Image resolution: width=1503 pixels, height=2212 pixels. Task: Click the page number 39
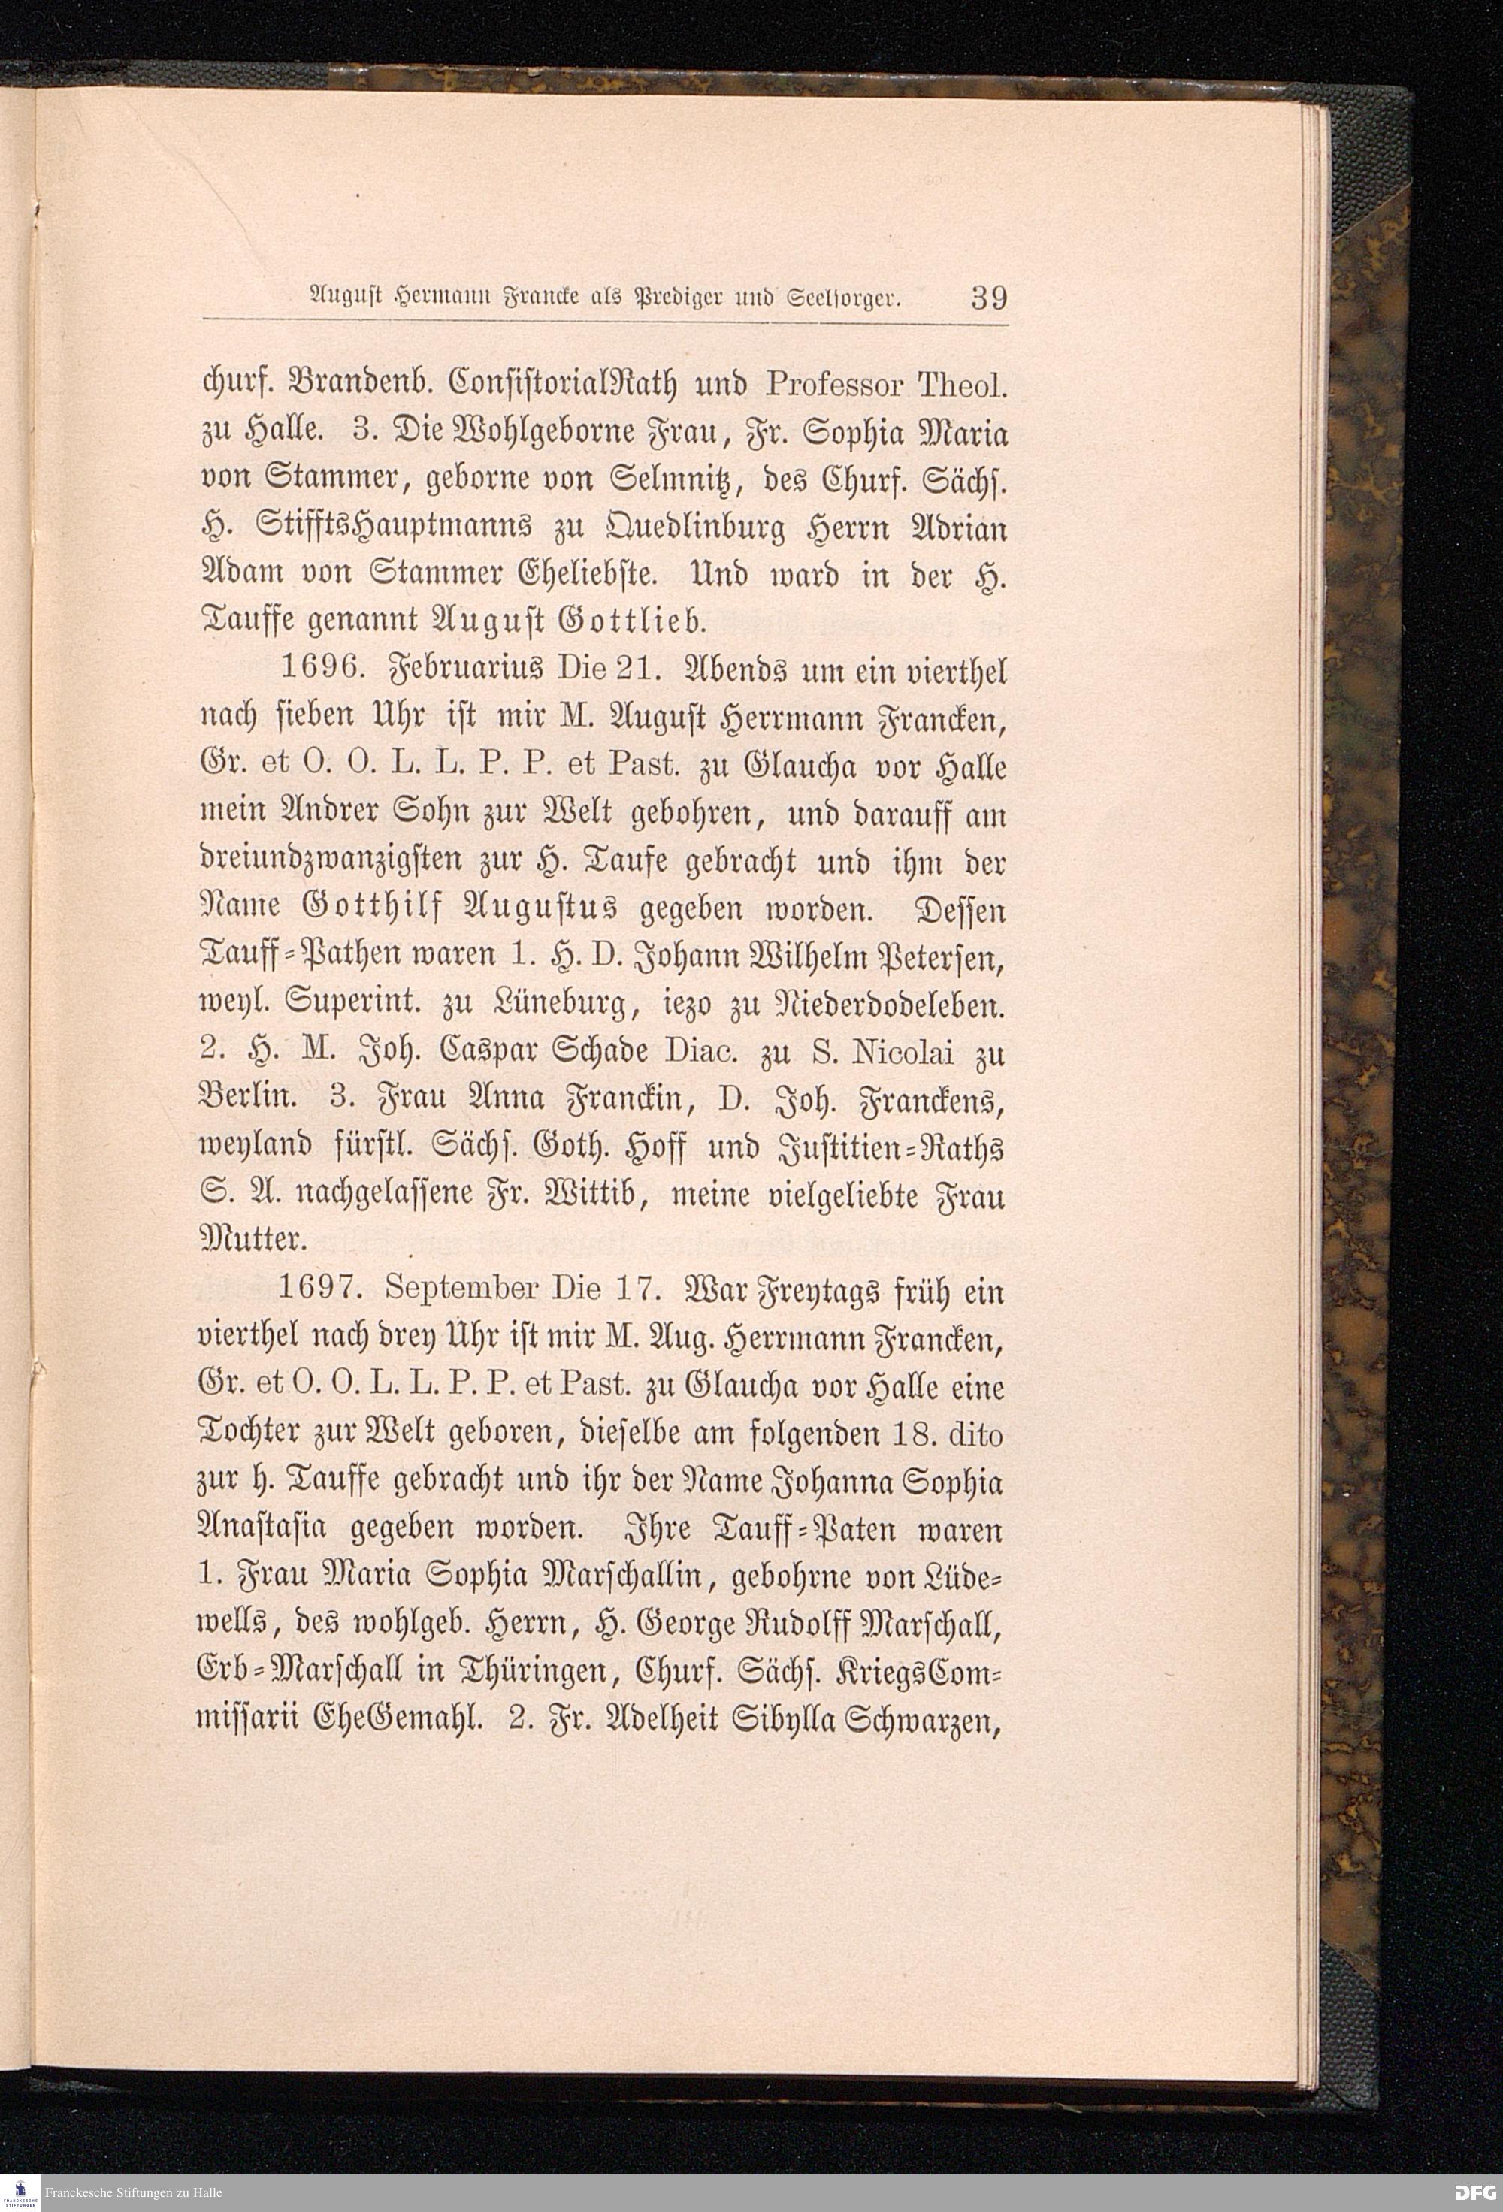coord(988,298)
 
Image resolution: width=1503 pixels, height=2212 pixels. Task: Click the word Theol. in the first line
coord(960,385)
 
